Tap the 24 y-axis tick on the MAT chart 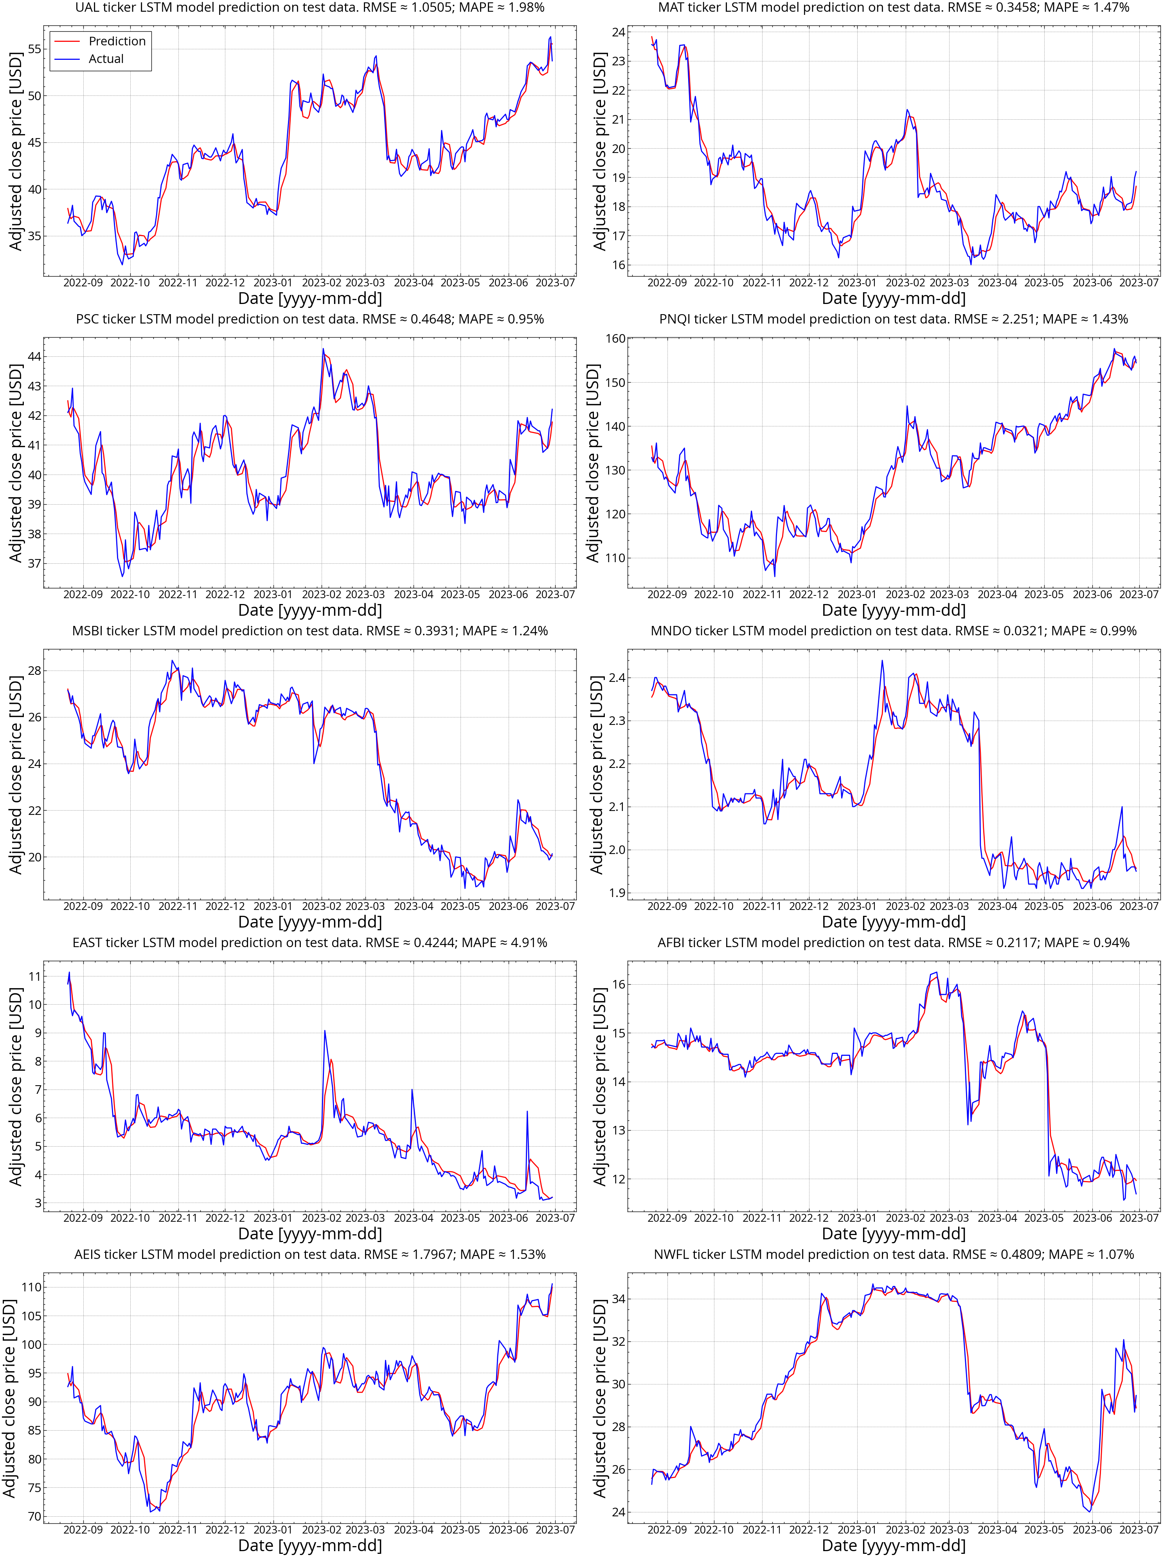pos(618,32)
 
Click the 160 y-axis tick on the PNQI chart pos(615,338)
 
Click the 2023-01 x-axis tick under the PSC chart pos(273,594)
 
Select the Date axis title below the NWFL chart pos(893,1545)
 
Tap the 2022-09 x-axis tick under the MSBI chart pos(83,906)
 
